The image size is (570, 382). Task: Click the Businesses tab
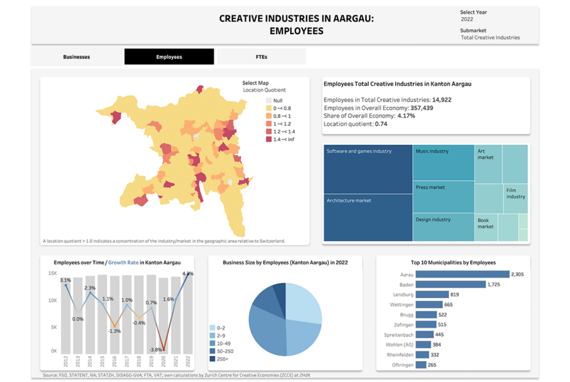pyautogui.click(x=77, y=57)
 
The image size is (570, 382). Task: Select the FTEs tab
pyautogui.click(x=262, y=57)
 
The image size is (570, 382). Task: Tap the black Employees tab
pyautogui.click(x=169, y=57)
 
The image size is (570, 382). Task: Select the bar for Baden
pyautogui.click(x=451, y=285)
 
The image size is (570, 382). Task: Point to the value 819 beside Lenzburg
pyautogui.click(x=454, y=295)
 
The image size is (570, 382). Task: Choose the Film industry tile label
pyautogui.click(x=516, y=193)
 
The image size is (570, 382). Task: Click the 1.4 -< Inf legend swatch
pyautogui.click(x=269, y=139)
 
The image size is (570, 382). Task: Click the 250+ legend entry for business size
pyautogui.click(x=221, y=359)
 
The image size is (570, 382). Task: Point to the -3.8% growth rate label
pyautogui.click(x=156, y=349)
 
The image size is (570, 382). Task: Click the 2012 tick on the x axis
pyautogui.click(x=66, y=361)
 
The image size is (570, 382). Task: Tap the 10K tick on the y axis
pyautogui.click(x=53, y=300)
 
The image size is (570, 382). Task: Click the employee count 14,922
pyautogui.click(x=441, y=100)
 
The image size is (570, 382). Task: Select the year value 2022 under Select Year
pyautogui.click(x=467, y=20)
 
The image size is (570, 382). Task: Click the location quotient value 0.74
pyautogui.click(x=381, y=124)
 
